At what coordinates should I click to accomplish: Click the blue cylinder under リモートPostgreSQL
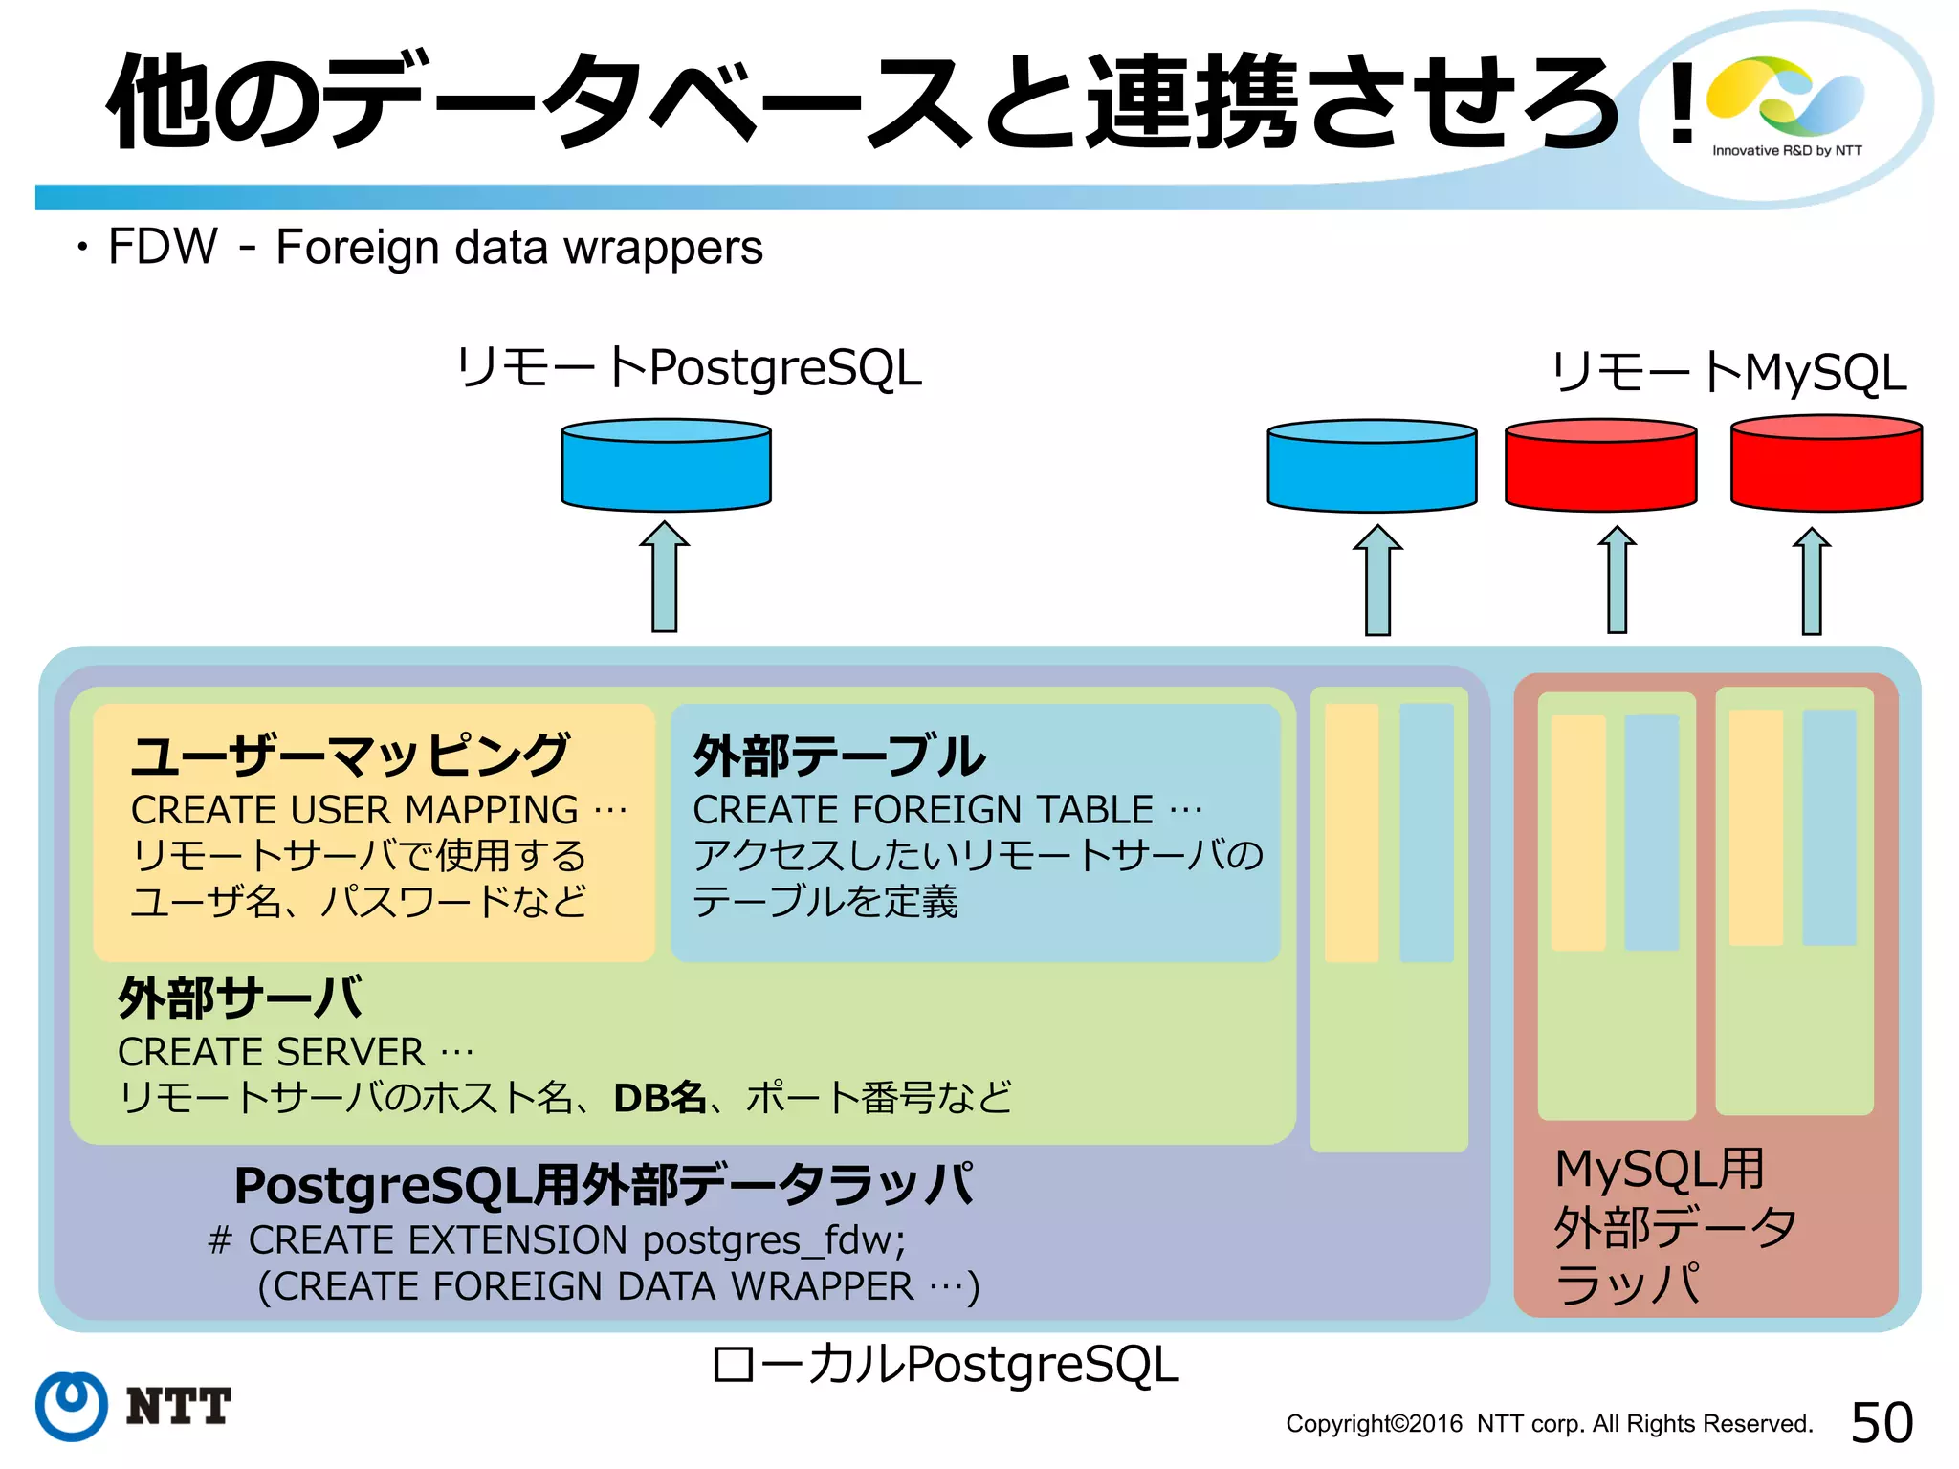click(x=666, y=465)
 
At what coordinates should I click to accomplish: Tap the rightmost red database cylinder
click(x=1826, y=463)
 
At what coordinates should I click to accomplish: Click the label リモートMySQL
click(x=1728, y=373)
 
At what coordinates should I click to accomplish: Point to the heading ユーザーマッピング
click(x=350, y=755)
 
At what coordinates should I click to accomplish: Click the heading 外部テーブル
click(x=839, y=756)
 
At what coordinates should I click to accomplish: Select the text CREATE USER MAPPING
click(x=355, y=810)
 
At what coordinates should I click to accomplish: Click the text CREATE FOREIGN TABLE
click(x=923, y=810)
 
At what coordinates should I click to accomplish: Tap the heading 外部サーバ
click(x=240, y=998)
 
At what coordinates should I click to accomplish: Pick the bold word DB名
click(x=659, y=1098)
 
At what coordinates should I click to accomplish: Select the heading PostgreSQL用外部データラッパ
click(x=604, y=1186)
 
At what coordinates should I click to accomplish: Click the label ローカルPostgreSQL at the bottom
click(x=945, y=1364)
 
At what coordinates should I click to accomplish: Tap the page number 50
click(x=1882, y=1422)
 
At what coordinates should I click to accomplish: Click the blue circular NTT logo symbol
click(x=72, y=1406)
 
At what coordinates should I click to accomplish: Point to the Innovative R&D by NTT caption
click(x=1787, y=150)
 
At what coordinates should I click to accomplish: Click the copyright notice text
click(x=1549, y=1424)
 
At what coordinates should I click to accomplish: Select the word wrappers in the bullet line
click(x=663, y=248)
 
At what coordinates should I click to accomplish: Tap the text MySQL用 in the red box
click(x=1660, y=1169)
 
